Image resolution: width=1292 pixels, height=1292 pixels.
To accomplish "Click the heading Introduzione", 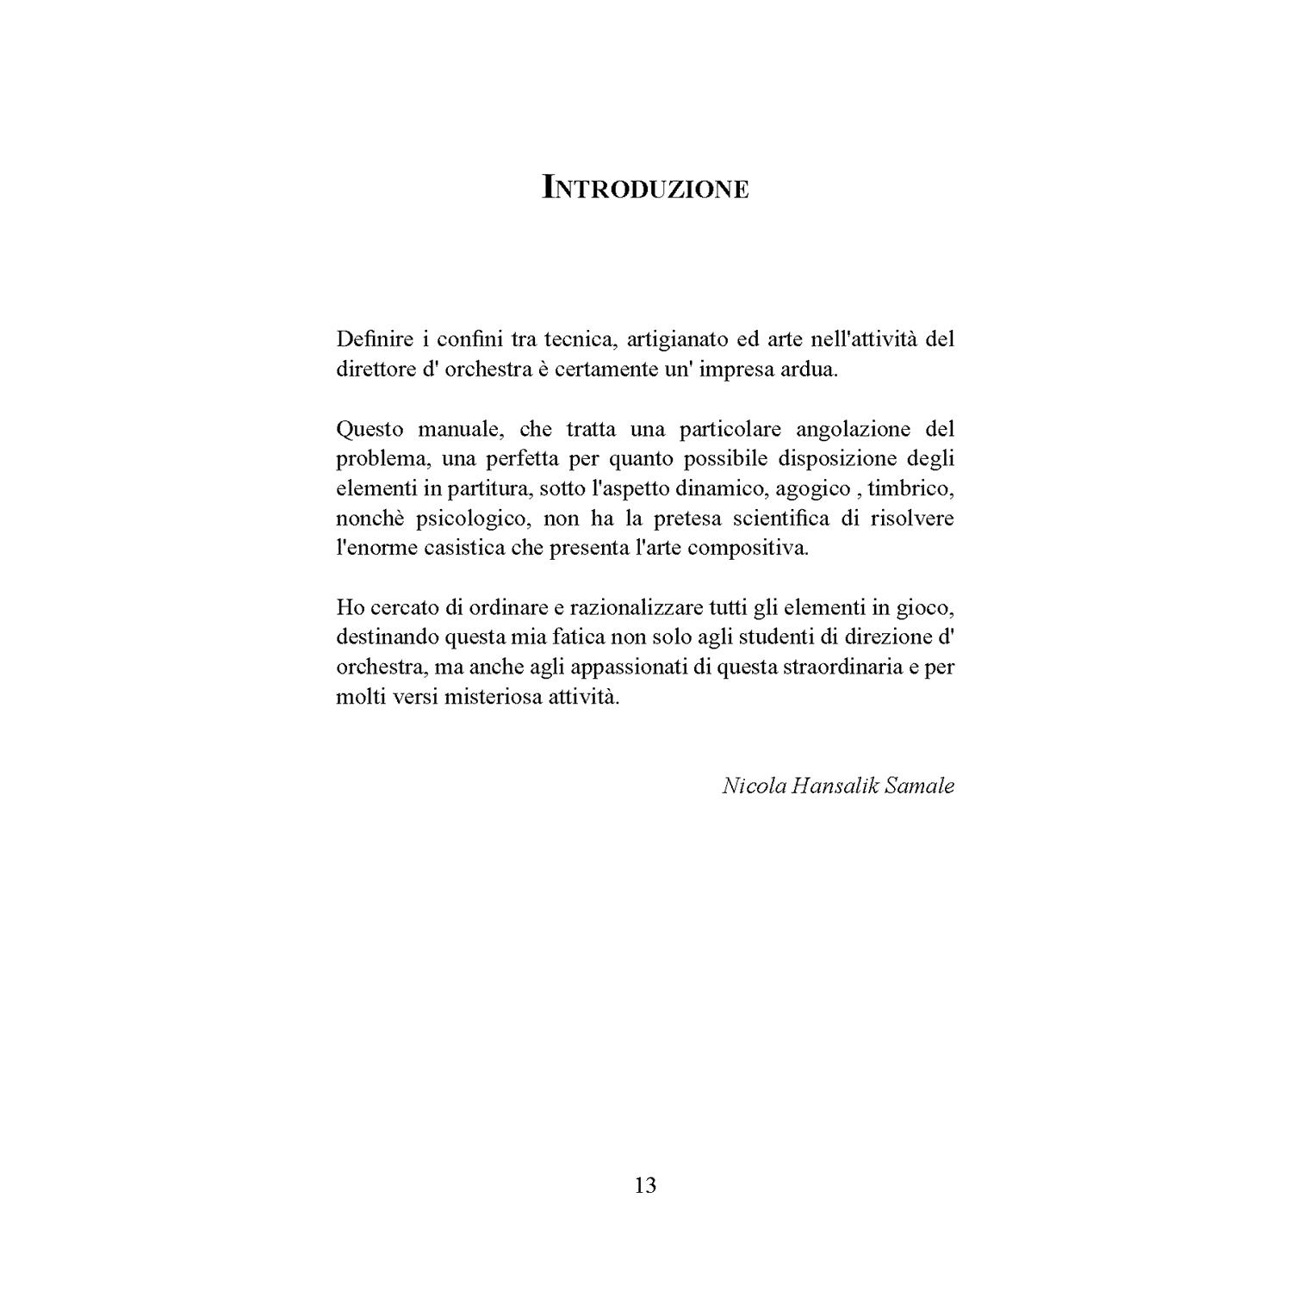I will (x=645, y=188).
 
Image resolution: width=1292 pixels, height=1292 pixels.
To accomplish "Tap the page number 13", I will (x=645, y=1185).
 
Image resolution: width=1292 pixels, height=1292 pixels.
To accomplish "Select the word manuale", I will (x=457, y=429).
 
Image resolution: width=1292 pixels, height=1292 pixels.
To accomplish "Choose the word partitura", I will (x=488, y=489).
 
